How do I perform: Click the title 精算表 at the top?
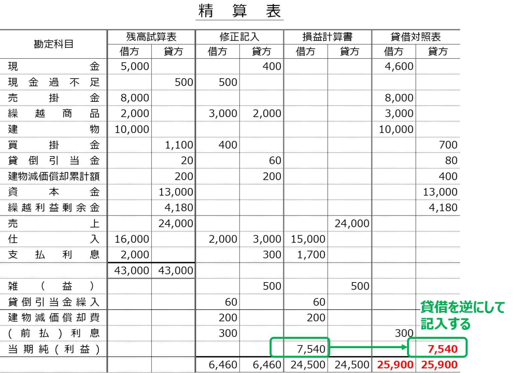[x=239, y=11]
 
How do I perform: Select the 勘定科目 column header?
[x=54, y=44]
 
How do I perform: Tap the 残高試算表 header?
[x=151, y=37]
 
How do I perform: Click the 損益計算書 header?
[x=327, y=37]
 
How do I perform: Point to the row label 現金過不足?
[x=54, y=82]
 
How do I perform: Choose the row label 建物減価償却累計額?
[x=54, y=176]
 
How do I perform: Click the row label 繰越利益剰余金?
[x=54, y=207]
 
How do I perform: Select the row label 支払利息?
[x=54, y=255]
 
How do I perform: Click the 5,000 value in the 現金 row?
[x=135, y=66]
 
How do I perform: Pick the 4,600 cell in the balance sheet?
[x=399, y=66]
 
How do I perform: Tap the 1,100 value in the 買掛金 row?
[x=179, y=145]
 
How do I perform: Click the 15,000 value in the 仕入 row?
[x=308, y=239]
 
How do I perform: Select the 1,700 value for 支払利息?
[x=311, y=255]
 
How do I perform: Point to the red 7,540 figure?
[x=443, y=349]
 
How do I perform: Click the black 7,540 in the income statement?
[x=311, y=349]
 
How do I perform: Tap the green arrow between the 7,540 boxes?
[x=368, y=347]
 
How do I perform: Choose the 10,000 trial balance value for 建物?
[x=132, y=129]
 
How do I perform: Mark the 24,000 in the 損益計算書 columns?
[x=352, y=224]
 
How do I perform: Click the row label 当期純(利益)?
[x=54, y=349]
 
